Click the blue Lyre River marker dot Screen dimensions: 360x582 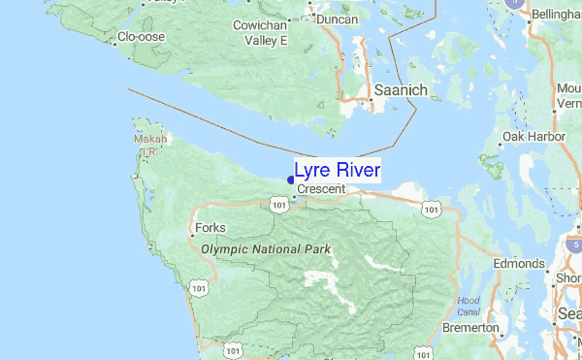291,179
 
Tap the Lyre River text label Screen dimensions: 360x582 338,170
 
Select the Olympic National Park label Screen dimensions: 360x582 266,249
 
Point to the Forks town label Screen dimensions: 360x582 210,228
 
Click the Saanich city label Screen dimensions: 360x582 401,90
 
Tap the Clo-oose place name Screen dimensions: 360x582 143,38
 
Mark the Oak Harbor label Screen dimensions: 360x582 533,138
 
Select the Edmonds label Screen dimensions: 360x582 518,264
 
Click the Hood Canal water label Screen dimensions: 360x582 469,306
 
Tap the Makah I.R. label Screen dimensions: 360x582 150,145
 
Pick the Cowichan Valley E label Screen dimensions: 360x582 261,33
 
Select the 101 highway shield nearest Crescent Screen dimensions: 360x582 279,205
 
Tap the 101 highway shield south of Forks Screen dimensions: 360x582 199,288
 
